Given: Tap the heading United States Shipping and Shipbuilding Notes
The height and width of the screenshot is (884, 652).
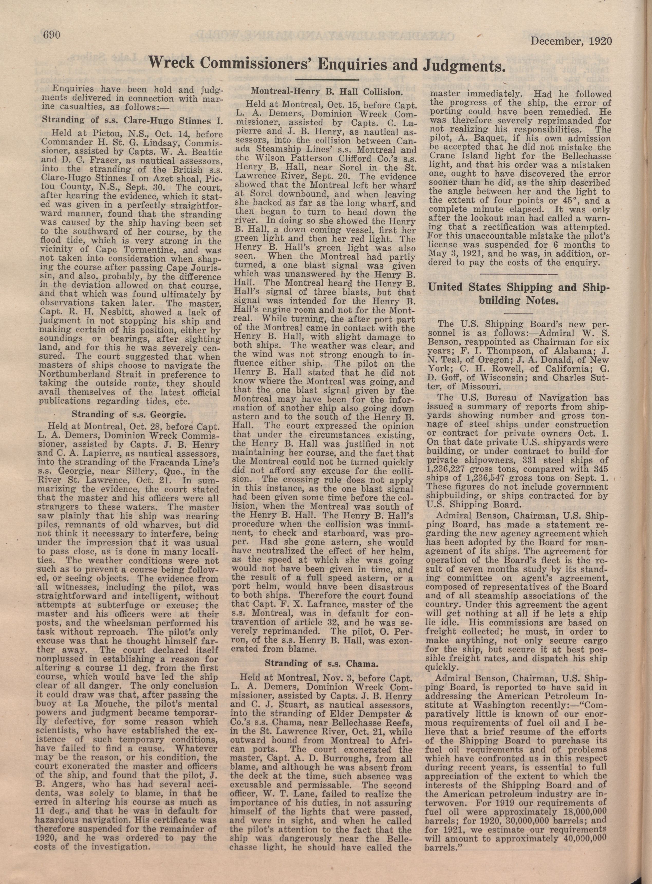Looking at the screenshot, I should click(x=519, y=294).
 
